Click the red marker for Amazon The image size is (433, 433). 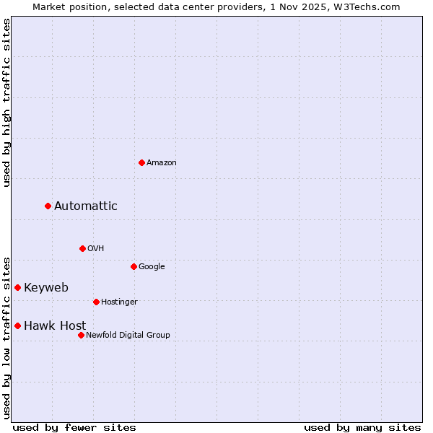[x=141, y=162]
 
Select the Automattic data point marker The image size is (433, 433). [x=48, y=206]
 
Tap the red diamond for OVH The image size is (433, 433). [x=82, y=248]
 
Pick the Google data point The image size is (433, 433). [x=134, y=266]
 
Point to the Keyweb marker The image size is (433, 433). [x=17, y=287]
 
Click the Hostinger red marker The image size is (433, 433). [x=96, y=302]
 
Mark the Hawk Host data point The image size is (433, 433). [x=17, y=325]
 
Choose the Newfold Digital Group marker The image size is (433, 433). [x=81, y=335]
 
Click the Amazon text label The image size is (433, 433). [x=162, y=163]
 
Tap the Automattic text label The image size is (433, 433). [x=85, y=206]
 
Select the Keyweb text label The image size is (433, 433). [x=46, y=288]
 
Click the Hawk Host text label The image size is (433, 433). [x=55, y=326]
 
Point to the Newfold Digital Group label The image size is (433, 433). [x=128, y=335]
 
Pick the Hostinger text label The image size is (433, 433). [x=119, y=302]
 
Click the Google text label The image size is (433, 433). [x=152, y=267]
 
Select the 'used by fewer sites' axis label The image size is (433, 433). [x=74, y=427]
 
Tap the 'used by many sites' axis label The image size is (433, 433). [x=362, y=427]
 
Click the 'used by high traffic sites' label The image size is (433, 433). [x=6, y=102]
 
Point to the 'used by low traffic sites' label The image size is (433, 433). [x=6, y=337]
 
